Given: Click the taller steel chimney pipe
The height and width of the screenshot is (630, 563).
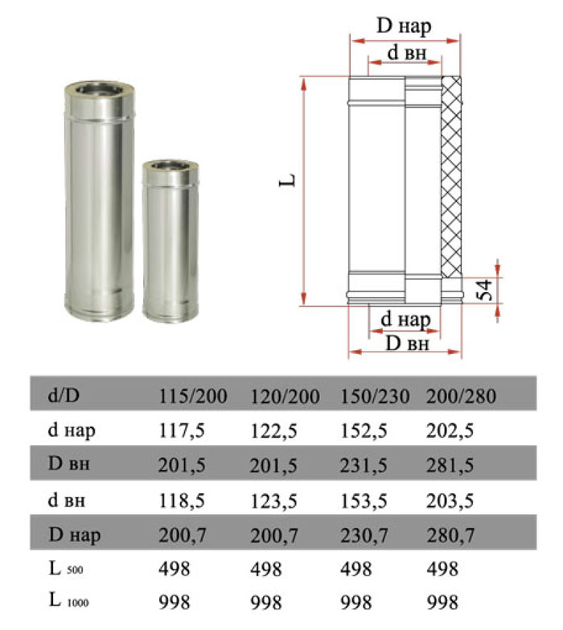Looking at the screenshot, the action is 99,201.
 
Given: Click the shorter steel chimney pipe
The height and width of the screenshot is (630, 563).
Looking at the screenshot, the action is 171,241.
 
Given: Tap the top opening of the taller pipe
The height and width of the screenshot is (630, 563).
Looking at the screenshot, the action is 100,89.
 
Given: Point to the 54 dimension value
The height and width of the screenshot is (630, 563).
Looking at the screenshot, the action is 485,290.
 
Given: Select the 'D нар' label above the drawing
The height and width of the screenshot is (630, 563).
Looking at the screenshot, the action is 404,26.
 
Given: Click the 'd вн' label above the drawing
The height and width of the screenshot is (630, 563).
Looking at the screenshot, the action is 406,52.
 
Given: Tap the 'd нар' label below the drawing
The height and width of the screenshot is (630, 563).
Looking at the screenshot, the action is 405,319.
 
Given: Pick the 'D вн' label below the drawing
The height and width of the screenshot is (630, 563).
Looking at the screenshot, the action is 407,344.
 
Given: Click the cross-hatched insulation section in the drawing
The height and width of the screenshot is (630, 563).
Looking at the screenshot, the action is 451,177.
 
